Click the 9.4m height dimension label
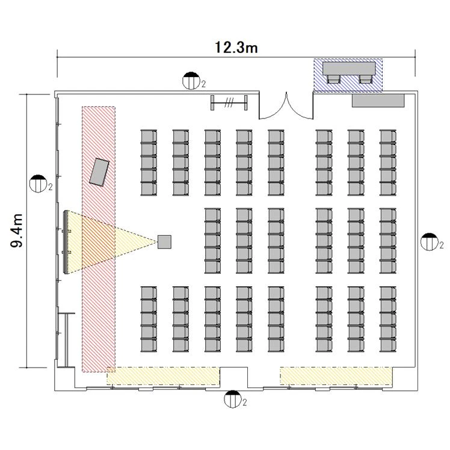point(19,230)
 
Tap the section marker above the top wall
point(191,80)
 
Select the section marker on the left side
point(40,182)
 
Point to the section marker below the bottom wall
point(232,398)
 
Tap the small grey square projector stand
point(164,242)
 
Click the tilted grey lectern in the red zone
point(99,171)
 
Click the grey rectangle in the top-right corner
point(378,100)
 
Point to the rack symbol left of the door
point(229,102)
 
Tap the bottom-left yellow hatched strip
point(162,375)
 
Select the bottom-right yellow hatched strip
point(336,375)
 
